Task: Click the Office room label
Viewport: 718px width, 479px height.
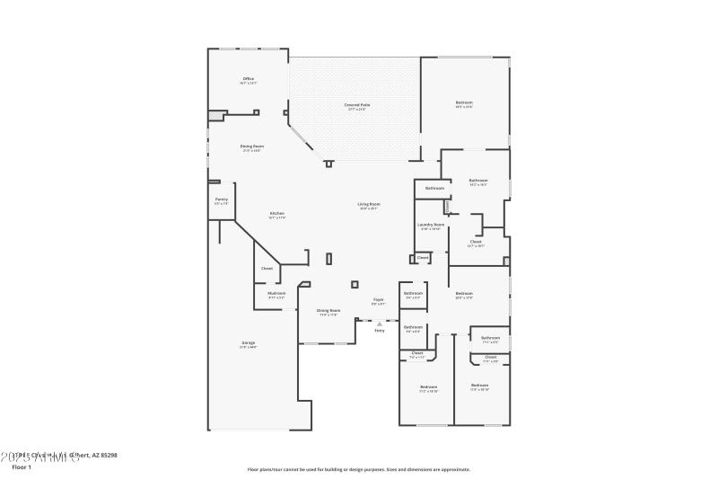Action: point(249,79)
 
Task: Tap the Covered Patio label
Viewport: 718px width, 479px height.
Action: point(357,105)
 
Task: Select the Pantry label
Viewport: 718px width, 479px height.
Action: point(222,200)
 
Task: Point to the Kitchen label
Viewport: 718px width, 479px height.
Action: point(277,213)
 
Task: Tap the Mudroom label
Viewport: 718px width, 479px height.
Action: point(276,293)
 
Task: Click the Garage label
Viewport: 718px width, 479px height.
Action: point(248,342)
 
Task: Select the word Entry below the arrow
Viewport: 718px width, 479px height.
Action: point(380,331)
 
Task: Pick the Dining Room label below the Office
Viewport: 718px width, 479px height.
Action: point(251,146)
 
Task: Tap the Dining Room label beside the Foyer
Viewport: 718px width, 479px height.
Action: point(328,311)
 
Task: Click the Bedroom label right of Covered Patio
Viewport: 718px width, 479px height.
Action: point(464,103)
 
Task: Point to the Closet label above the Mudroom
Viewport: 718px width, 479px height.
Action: point(267,269)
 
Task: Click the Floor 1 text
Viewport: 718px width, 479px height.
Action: point(22,467)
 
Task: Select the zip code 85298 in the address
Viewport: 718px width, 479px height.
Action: point(108,455)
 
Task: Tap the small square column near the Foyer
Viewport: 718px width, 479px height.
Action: point(355,284)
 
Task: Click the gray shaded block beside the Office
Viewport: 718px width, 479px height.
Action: point(215,115)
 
